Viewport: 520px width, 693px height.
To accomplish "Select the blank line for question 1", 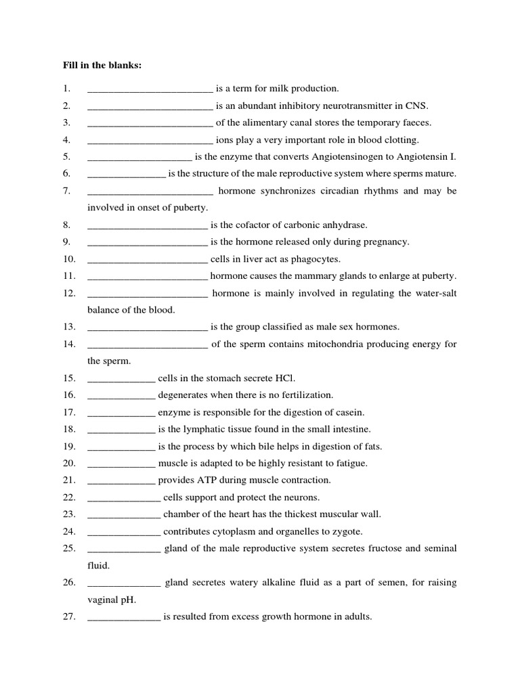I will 150,89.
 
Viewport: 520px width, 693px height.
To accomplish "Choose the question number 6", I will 66,174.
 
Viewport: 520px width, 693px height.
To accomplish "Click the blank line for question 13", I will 148,328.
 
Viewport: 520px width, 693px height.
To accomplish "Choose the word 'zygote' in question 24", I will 348,531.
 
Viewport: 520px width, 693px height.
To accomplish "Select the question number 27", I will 68,617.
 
